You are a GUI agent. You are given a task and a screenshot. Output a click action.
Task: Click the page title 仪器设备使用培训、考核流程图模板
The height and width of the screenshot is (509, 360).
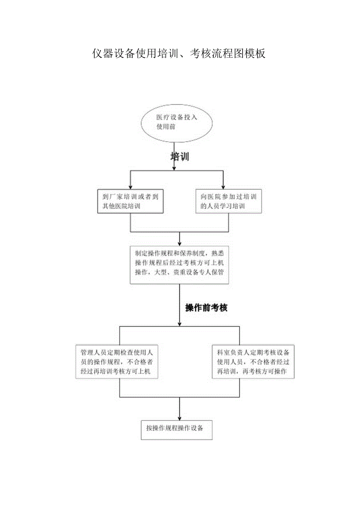tap(179, 53)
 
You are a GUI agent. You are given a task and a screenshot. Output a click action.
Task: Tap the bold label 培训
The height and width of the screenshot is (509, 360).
tap(180, 157)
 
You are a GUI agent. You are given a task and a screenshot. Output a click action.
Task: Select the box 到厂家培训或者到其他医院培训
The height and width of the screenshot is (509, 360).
tap(130, 201)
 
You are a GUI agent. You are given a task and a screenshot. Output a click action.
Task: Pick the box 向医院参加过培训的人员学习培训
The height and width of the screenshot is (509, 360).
tap(228, 201)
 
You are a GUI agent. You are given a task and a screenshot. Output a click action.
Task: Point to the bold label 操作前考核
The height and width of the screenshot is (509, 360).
tap(206, 308)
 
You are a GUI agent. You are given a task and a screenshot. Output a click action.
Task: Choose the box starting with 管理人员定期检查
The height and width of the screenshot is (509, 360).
tap(117, 362)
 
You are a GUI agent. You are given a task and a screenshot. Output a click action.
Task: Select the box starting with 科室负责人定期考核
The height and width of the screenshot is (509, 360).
tap(253, 362)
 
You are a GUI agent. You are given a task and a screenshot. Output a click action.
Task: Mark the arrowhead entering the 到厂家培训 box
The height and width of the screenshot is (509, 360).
tap(130, 187)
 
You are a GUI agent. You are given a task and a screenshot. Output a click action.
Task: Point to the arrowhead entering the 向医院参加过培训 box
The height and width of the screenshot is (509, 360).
tap(223, 187)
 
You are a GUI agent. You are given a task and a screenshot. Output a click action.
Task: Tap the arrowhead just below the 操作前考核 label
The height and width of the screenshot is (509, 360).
tap(180, 323)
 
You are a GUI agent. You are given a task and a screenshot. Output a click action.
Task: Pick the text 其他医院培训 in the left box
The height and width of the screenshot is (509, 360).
tap(121, 206)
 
